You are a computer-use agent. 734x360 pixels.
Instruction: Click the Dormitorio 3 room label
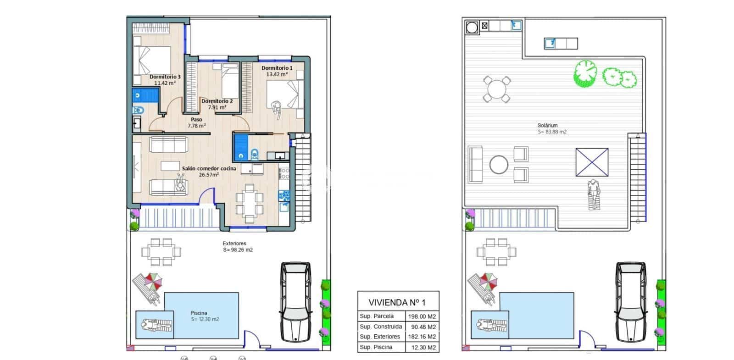165,77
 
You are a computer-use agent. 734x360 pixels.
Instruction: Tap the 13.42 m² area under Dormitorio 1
277,74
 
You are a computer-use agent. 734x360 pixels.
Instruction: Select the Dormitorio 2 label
217,101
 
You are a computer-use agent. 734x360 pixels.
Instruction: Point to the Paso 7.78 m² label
196,122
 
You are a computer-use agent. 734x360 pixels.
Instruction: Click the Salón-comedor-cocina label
209,168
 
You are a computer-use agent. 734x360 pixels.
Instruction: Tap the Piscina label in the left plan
199,313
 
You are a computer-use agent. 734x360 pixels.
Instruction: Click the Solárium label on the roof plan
547,125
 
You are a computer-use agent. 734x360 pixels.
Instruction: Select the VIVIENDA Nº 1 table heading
397,302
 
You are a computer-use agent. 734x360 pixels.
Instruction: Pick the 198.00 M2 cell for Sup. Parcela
422,316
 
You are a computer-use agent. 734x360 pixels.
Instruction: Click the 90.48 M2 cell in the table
422,327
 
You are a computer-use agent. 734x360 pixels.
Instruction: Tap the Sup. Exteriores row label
380,337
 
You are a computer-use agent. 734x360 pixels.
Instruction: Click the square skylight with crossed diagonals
592,162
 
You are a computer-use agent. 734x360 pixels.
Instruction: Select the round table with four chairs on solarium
496,89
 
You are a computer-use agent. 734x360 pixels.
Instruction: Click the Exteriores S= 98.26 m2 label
237,247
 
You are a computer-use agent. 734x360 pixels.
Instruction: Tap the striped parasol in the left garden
153,281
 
